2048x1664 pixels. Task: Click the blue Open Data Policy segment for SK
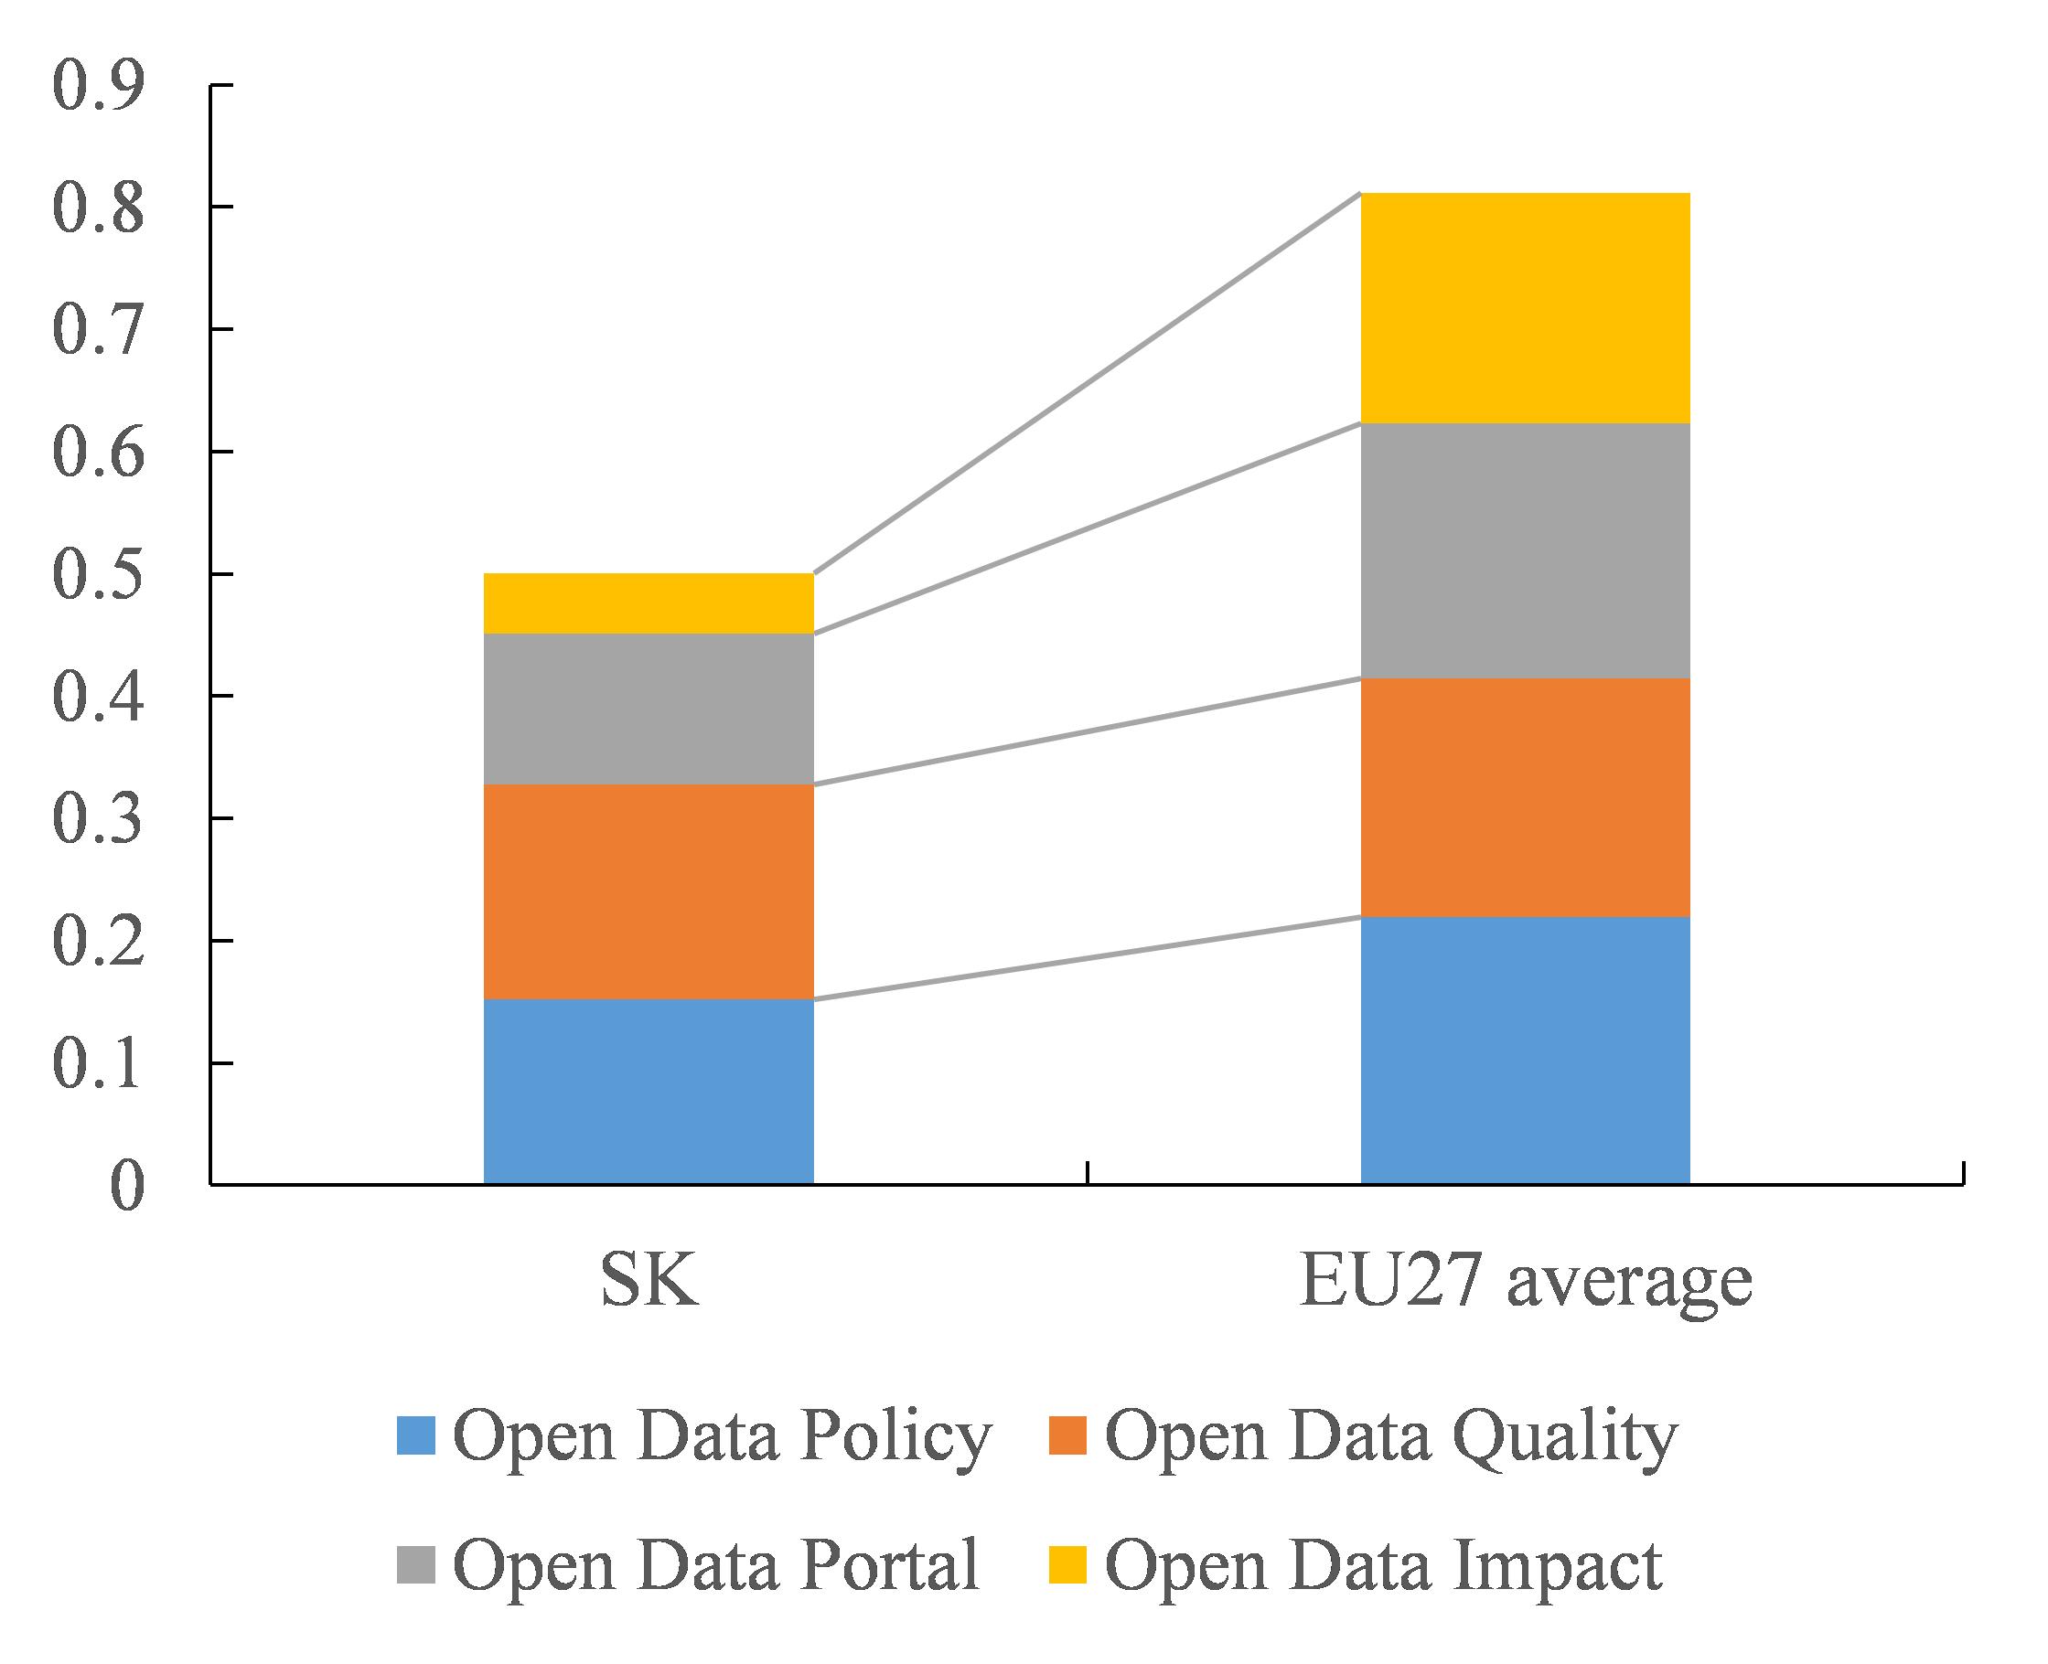(x=649, y=1092)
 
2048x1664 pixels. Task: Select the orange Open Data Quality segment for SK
(x=649, y=892)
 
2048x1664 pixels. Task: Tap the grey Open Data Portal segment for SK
(x=649, y=709)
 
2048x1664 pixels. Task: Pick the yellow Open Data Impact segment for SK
(x=649, y=603)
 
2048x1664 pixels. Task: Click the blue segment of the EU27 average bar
(x=1526, y=1051)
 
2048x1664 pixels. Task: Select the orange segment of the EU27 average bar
(x=1526, y=797)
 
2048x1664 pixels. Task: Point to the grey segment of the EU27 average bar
(x=1526, y=551)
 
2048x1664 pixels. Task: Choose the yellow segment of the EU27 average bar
(x=1526, y=309)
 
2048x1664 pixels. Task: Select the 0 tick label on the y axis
(x=126, y=1187)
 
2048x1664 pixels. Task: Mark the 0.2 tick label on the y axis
(x=99, y=942)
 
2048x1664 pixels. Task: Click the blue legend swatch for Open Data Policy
(x=416, y=1435)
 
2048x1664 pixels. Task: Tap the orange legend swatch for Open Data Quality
(x=1068, y=1435)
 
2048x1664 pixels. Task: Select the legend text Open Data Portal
(x=716, y=1563)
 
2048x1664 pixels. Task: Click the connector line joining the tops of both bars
(x=1088, y=383)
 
